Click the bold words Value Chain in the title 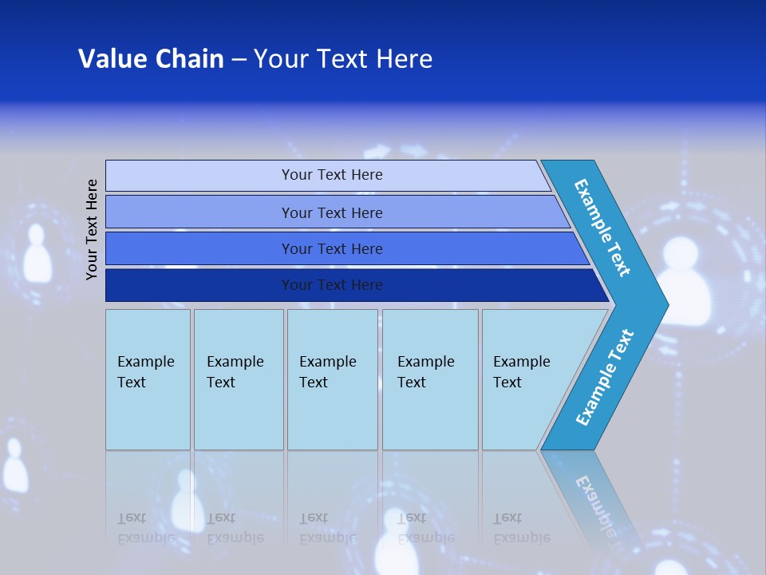click(x=151, y=59)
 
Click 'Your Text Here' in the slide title click(x=343, y=59)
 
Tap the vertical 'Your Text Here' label click(x=92, y=229)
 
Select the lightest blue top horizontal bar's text click(x=332, y=175)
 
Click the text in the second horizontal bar click(x=332, y=212)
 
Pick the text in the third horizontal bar click(x=332, y=249)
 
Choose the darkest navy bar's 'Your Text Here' click(x=332, y=285)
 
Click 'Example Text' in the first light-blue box click(x=145, y=372)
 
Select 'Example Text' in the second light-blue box click(x=235, y=372)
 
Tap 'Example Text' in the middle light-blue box click(x=327, y=372)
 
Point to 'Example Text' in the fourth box click(x=425, y=372)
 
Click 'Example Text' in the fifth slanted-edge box click(x=521, y=372)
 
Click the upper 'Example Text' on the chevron click(x=602, y=228)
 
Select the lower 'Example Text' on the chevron click(x=605, y=378)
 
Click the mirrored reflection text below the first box click(x=145, y=528)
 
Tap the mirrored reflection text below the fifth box click(x=521, y=528)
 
